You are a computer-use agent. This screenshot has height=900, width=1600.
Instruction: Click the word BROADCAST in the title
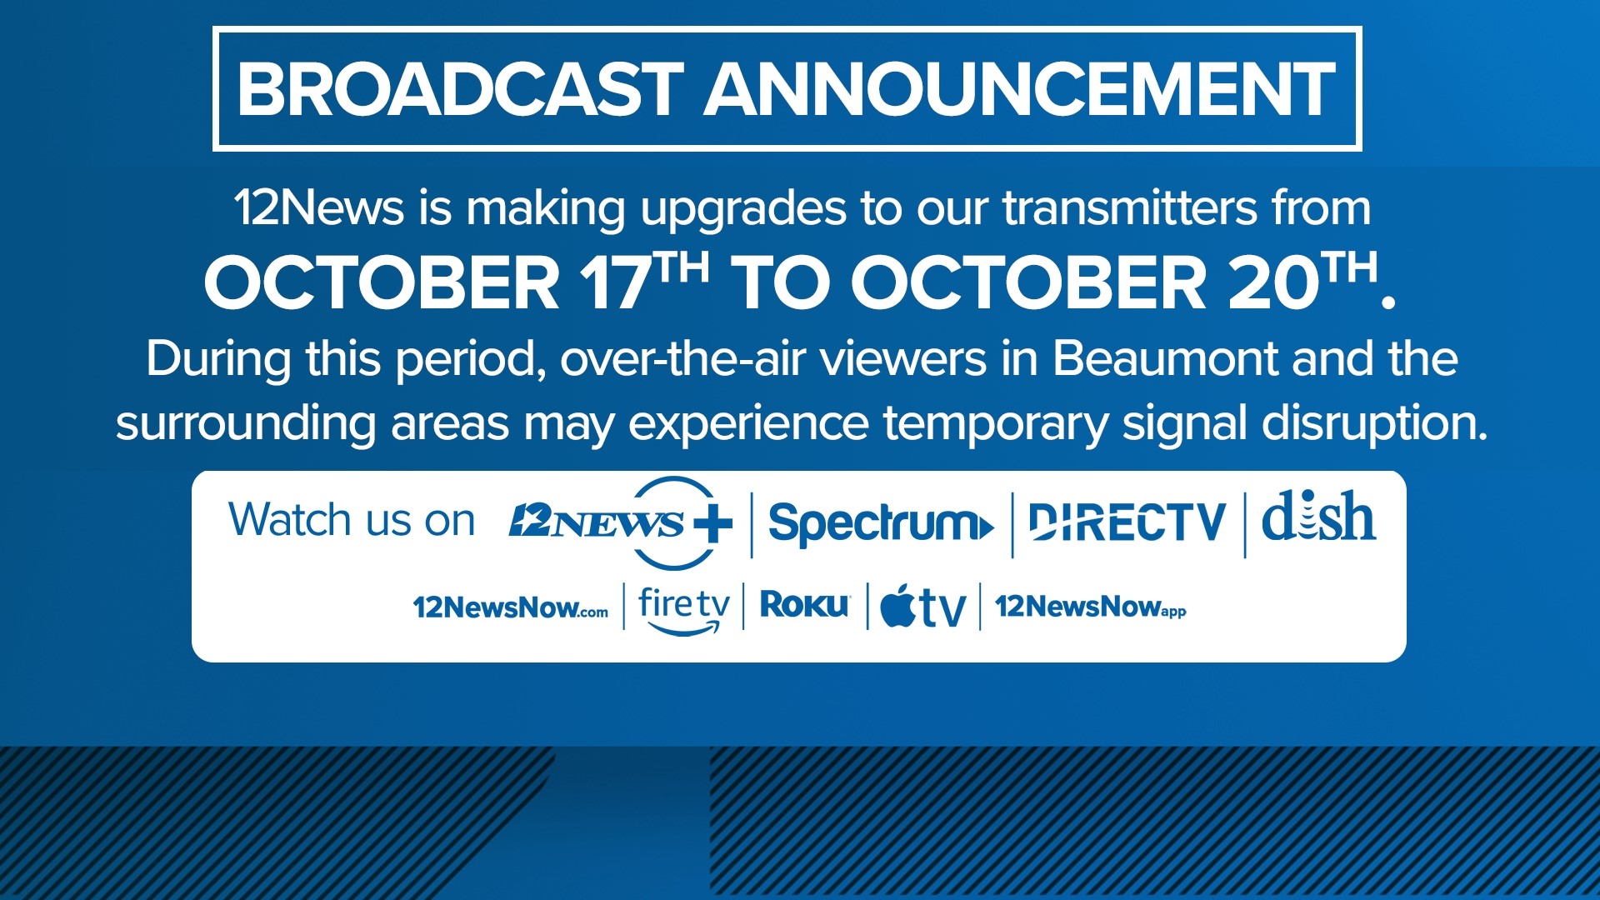click(460, 89)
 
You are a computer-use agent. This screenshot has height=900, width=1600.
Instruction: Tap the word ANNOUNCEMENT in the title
click(1020, 89)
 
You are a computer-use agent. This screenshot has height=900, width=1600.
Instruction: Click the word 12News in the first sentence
click(318, 207)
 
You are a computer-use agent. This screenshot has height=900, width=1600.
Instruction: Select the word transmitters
click(1130, 207)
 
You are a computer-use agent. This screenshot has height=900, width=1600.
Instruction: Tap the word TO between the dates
click(780, 283)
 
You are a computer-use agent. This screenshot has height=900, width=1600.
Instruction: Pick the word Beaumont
click(1165, 359)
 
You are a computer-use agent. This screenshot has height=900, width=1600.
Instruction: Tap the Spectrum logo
click(880, 523)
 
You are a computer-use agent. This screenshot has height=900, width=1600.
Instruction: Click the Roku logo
click(804, 605)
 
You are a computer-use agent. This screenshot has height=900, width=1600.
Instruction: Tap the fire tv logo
click(683, 608)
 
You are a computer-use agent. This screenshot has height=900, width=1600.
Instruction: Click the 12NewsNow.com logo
click(510, 607)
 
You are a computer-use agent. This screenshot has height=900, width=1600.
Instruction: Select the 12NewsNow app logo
click(1090, 607)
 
